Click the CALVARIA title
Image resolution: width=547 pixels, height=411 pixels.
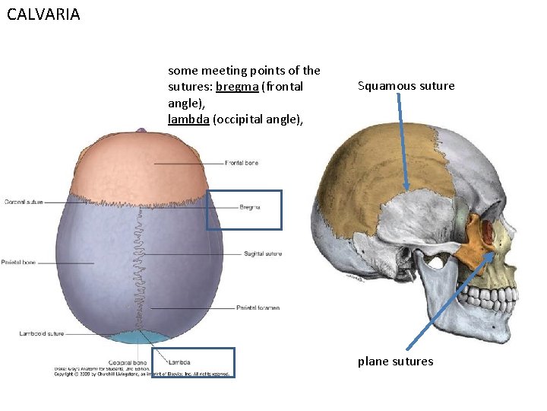point(43,14)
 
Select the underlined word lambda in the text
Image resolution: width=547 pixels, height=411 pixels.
point(188,119)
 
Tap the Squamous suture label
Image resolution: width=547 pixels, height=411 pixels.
point(406,86)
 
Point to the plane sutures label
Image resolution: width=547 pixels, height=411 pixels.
point(395,361)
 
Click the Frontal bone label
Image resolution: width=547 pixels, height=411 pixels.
point(242,163)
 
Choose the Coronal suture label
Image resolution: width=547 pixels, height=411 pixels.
point(24,202)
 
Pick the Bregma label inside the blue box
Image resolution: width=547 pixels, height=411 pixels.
point(250,207)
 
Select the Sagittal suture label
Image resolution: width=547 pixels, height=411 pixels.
point(263,253)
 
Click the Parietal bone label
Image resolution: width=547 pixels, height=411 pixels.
point(18,263)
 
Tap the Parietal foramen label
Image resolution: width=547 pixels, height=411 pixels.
point(258,307)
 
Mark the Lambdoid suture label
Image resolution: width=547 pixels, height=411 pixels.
point(42,333)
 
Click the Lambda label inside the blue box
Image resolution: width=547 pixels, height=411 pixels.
point(179,362)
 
